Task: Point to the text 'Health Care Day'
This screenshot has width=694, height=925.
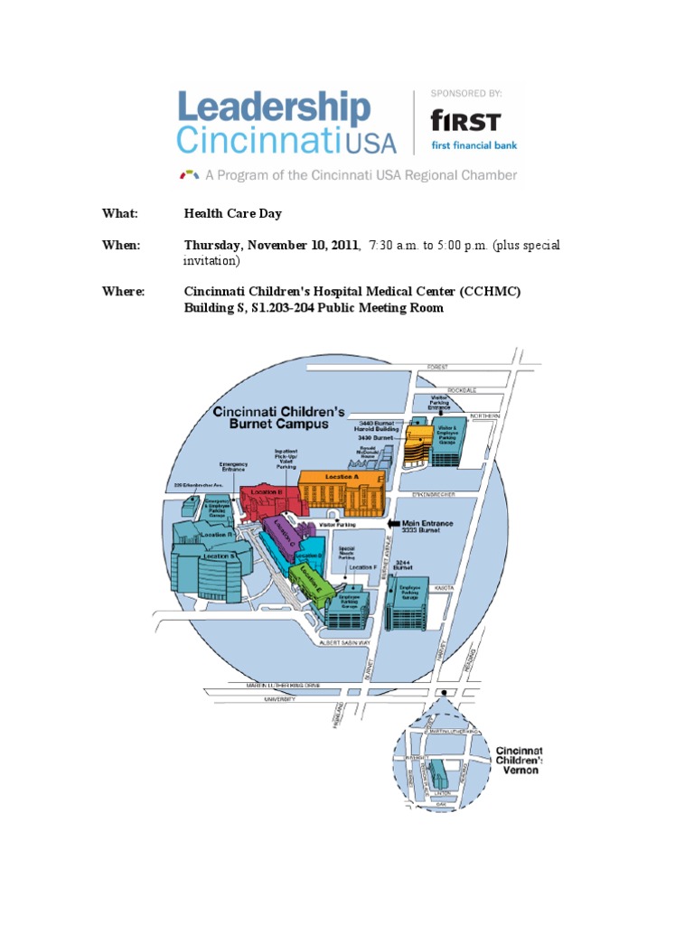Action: pos(233,214)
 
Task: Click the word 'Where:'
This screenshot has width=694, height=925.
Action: pos(124,292)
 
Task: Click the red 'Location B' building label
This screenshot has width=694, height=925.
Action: pos(268,491)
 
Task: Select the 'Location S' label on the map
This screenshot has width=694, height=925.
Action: pos(220,556)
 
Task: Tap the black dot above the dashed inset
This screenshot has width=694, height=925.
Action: pos(443,693)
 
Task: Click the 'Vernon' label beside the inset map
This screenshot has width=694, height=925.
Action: pos(517,770)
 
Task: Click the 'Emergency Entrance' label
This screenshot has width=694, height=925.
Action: pos(232,467)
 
